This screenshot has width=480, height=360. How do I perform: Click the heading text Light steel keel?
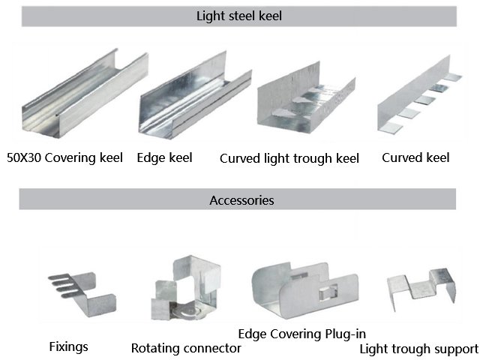pos(238,15)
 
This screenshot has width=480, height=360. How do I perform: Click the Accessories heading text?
pos(241,200)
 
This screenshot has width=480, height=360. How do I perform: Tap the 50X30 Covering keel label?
pos(64,157)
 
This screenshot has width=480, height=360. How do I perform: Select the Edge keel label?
pos(164,157)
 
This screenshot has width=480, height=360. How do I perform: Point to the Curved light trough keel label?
pos(289,158)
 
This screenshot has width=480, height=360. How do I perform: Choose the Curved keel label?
pos(415,157)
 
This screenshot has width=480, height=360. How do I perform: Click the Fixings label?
pos(68,346)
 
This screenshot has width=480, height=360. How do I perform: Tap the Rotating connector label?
pos(186,348)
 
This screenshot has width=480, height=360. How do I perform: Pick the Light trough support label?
pos(418,349)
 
